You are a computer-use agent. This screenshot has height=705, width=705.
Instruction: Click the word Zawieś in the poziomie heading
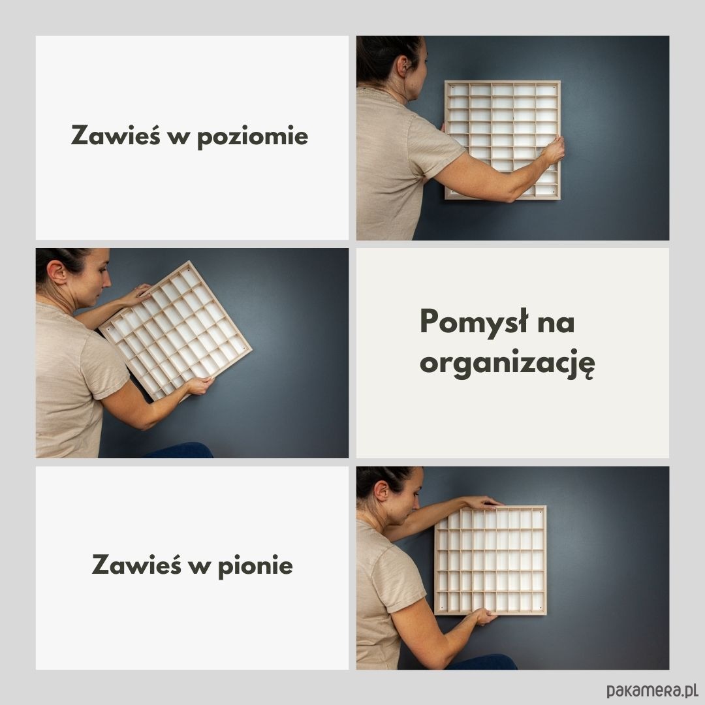(x=116, y=134)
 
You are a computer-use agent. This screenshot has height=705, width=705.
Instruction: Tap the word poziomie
(x=253, y=136)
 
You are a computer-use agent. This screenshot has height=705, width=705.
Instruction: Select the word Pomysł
(x=474, y=322)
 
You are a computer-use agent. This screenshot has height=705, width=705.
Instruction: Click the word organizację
(x=507, y=364)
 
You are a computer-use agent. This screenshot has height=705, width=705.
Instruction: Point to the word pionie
(x=255, y=565)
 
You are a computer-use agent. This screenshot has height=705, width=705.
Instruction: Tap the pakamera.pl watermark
(x=651, y=690)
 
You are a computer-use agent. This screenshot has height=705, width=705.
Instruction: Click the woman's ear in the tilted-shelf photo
(x=57, y=272)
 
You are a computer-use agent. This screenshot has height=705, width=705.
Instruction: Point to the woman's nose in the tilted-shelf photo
(x=108, y=281)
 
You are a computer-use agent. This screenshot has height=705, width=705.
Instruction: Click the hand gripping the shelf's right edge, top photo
(x=553, y=150)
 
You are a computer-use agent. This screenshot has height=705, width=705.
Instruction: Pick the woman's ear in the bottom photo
(x=382, y=492)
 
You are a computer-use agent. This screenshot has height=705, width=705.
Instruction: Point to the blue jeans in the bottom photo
(x=482, y=662)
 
